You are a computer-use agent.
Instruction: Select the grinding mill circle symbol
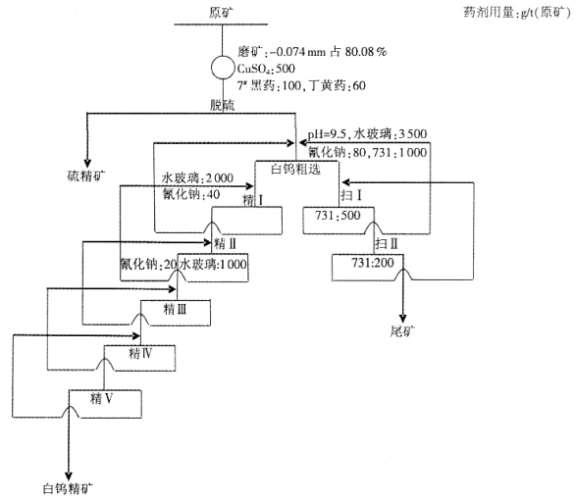pos(223,68)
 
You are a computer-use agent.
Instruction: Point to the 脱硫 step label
pos(222,104)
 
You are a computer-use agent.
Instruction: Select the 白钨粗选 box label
pos(297,169)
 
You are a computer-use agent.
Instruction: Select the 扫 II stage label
pos(388,240)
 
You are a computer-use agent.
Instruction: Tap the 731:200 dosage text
pos(375,263)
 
